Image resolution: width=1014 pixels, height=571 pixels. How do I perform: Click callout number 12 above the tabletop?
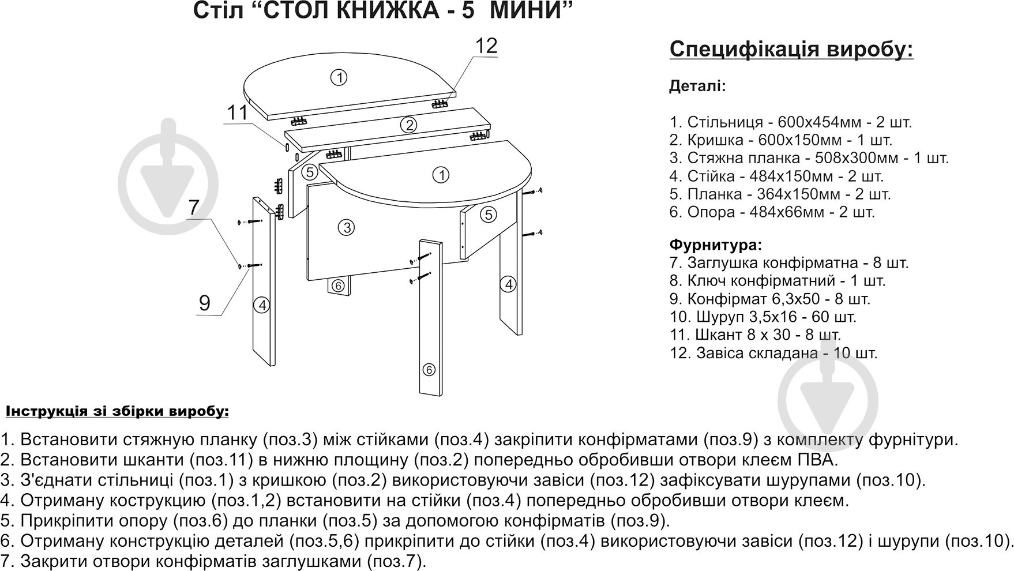tap(486, 46)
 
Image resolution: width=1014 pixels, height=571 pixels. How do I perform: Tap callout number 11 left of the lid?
tap(237, 113)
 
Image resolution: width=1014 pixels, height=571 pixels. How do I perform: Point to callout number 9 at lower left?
tap(204, 303)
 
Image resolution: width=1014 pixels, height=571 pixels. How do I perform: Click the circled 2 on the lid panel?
tap(408, 125)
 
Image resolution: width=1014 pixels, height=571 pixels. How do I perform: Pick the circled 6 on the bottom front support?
tap(427, 369)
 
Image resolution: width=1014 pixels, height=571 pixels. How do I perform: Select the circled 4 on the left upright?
tap(262, 305)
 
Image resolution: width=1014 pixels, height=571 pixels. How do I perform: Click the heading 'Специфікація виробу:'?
tap(791, 50)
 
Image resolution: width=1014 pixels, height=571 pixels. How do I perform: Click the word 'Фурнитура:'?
tap(716, 245)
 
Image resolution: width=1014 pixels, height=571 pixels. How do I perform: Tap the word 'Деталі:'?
tap(697, 87)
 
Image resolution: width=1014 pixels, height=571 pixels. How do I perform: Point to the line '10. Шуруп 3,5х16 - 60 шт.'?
tap(763, 317)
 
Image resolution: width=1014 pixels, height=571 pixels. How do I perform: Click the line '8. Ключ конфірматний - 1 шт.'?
tap(777, 281)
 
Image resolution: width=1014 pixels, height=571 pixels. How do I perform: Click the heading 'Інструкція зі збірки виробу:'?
tap(117, 412)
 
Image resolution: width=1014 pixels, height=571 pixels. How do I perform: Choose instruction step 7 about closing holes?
tap(213, 561)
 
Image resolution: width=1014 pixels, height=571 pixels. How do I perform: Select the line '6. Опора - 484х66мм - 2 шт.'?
tap(772, 212)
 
